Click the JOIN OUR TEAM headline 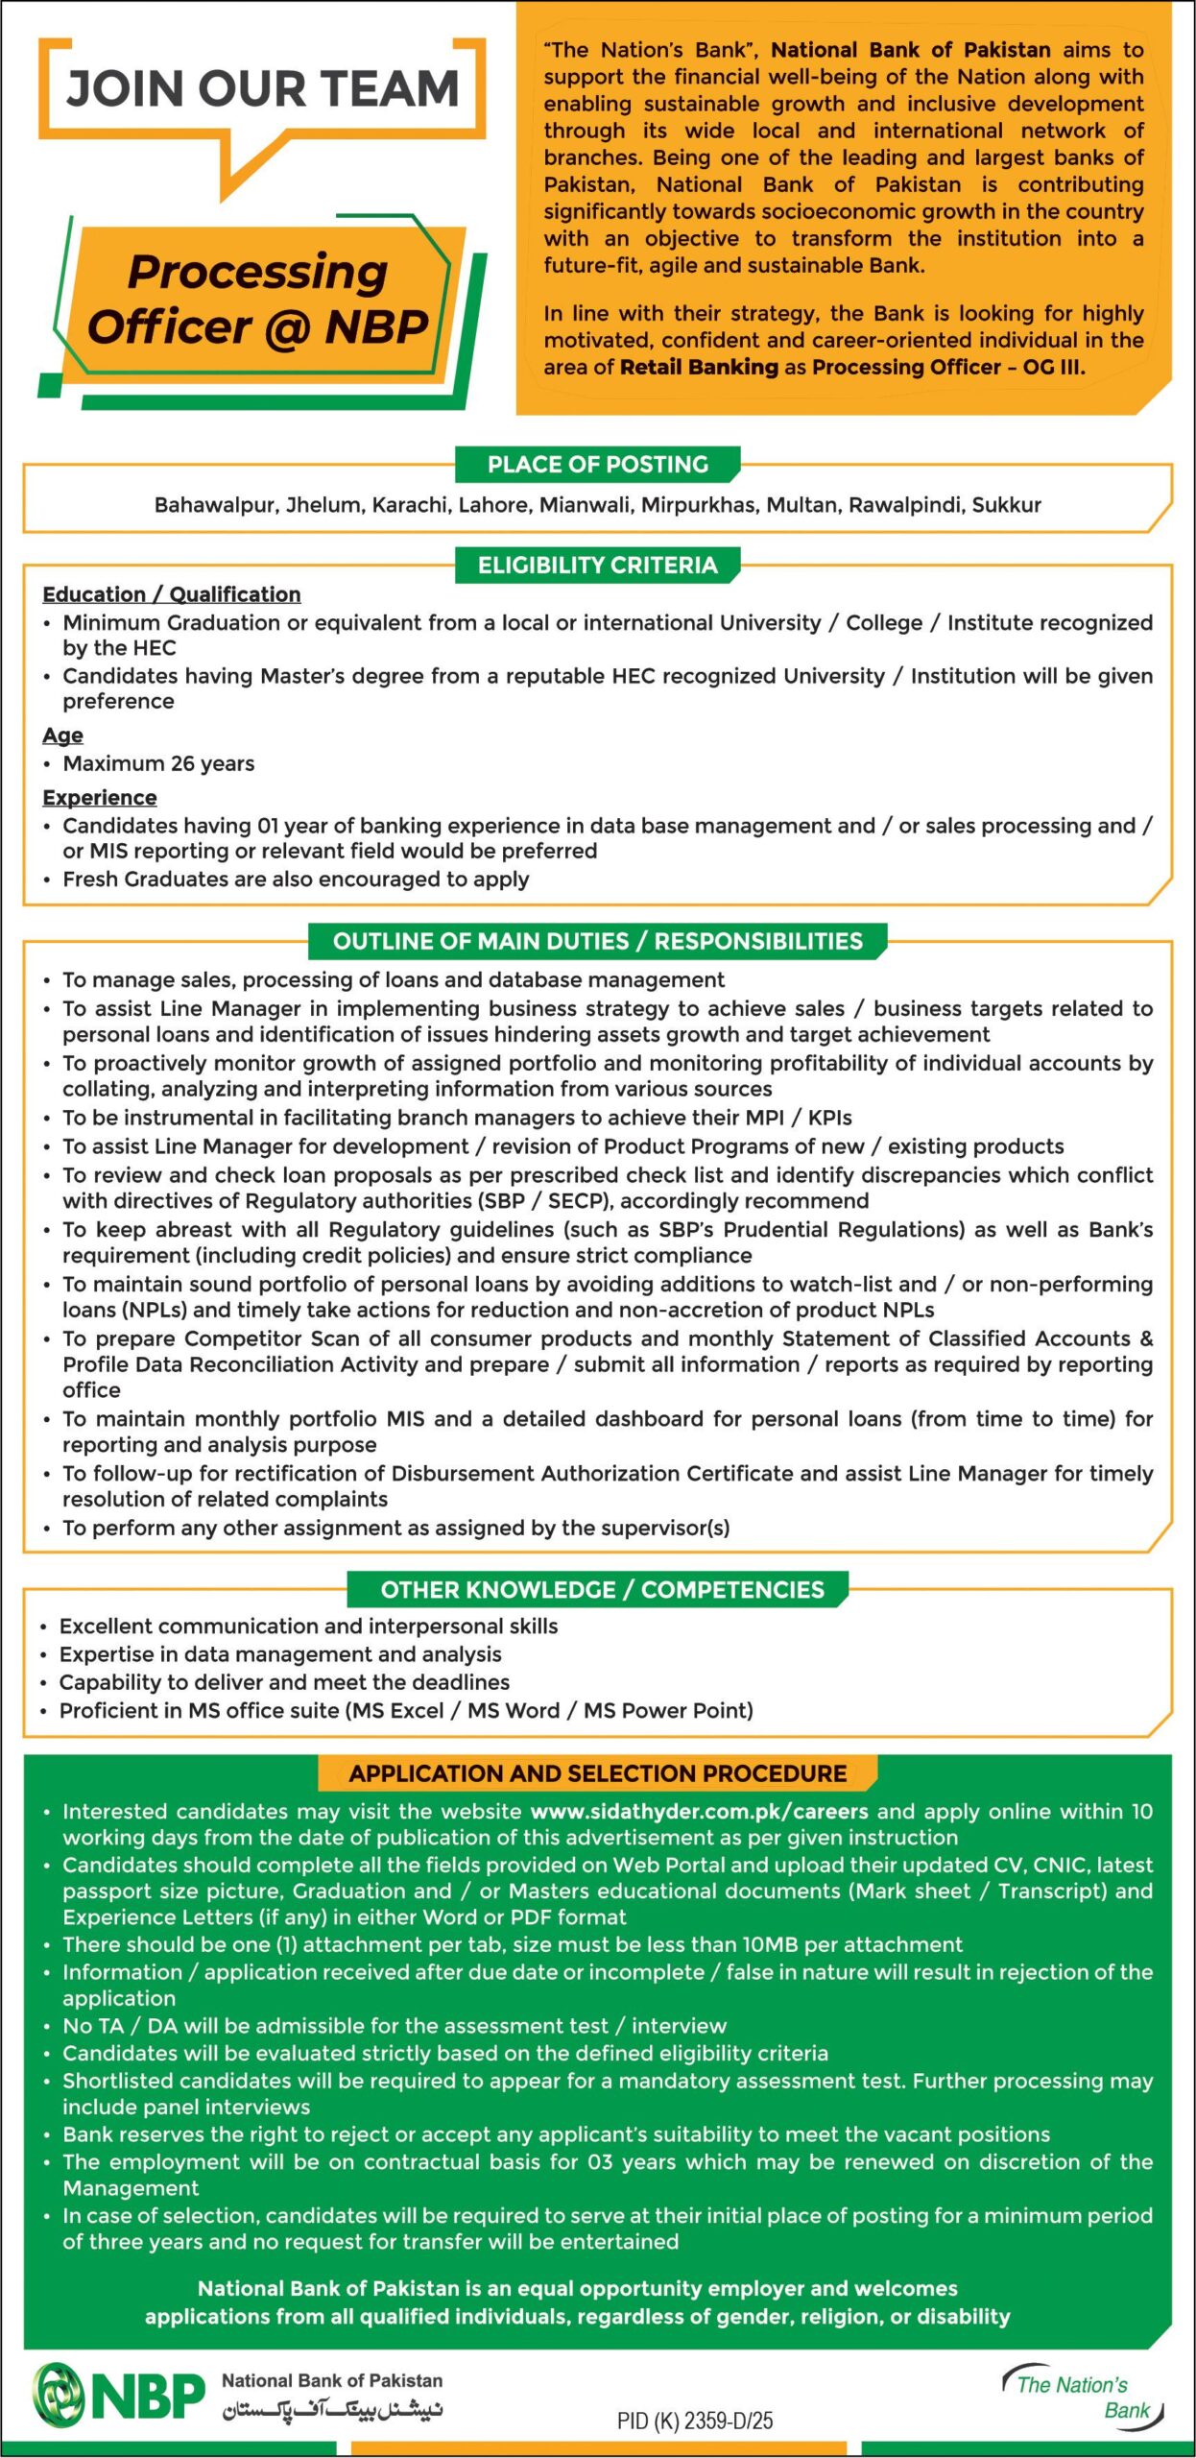262,89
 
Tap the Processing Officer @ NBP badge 257,300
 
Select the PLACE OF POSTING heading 597,465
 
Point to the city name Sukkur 1006,505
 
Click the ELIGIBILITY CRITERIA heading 597,566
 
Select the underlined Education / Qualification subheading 171,594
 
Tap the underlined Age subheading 62,735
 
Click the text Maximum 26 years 158,763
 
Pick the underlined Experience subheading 99,798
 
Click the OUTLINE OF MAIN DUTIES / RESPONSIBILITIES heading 597,941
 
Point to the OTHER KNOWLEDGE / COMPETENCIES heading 602,1590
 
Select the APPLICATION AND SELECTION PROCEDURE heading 597,1773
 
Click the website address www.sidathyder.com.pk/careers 699,1812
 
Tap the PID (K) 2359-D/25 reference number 694,2421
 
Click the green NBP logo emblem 60,2395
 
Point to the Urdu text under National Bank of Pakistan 332,2410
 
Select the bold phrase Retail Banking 699,367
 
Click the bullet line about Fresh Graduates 296,880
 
